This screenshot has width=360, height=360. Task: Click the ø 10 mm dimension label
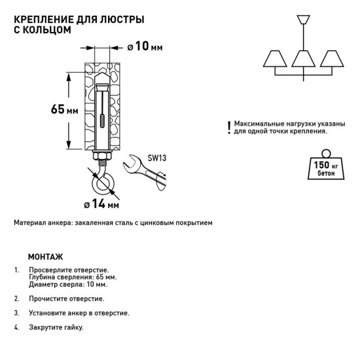pos(143,48)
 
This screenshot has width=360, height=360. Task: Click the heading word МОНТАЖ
pos(46,257)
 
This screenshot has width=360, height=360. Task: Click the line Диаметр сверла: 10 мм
pos(67,284)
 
